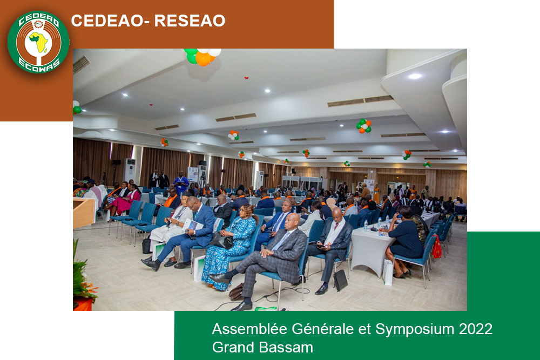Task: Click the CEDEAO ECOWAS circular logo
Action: coord(38,42)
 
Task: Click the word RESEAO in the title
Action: coord(190,21)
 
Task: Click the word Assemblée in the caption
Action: coord(249,329)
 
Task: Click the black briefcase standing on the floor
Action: coord(340,280)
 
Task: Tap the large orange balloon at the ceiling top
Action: coord(203,59)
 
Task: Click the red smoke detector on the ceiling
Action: coord(246,78)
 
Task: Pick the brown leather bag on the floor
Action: coord(237,291)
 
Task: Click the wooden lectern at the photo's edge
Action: coord(84,213)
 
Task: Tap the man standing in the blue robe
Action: coord(181,182)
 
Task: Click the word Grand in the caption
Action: coord(233,347)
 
